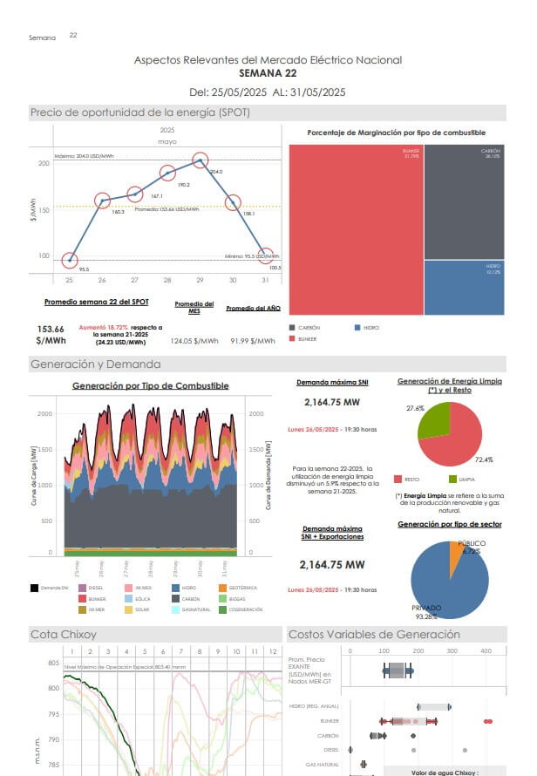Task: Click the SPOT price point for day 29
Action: [200, 160]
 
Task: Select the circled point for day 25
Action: [71, 261]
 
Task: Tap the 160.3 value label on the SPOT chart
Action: [118, 212]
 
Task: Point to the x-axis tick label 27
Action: [134, 280]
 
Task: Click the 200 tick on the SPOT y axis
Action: [44, 164]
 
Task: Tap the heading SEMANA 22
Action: [268, 73]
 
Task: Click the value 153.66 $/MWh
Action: [51, 335]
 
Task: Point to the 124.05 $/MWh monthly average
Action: [194, 341]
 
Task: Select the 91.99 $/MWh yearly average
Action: [252, 341]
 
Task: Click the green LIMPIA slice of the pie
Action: [434, 419]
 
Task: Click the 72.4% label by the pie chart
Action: [484, 459]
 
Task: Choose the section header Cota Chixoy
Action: [64, 634]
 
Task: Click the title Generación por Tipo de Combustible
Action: [150, 385]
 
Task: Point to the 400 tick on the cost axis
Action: [486, 650]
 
